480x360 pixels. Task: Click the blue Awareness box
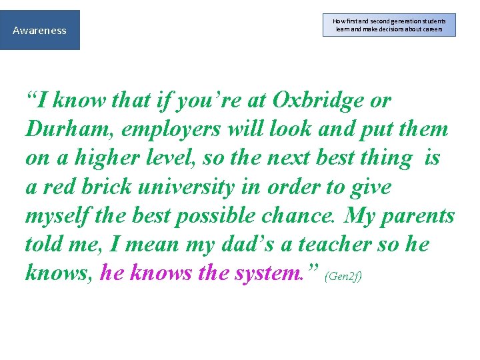pyautogui.click(x=40, y=30)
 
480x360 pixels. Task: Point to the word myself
pyautogui.click(x=57, y=216)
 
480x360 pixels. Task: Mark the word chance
pyautogui.click(x=303, y=216)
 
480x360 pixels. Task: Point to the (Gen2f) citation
pyautogui.click(x=343, y=276)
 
